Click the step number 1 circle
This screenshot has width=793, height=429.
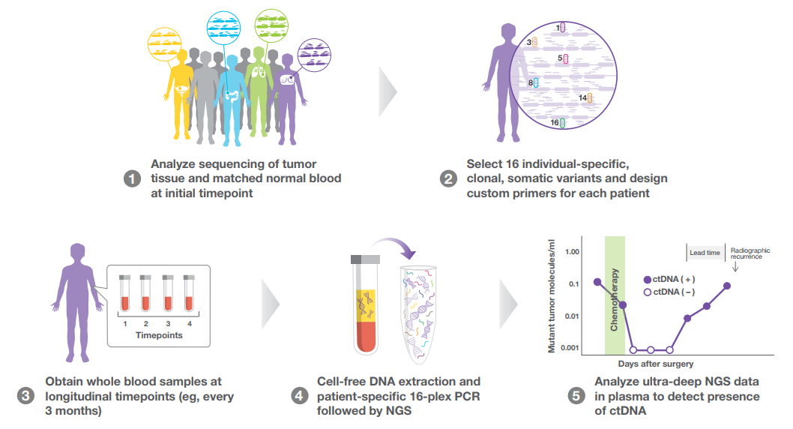(132, 179)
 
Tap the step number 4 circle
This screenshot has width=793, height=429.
(300, 397)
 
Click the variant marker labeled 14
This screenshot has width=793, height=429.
(590, 97)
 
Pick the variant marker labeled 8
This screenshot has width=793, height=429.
(535, 82)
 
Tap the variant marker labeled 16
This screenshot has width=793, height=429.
(562, 122)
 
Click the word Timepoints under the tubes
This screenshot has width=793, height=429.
(159, 335)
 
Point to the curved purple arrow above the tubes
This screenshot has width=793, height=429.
(397, 249)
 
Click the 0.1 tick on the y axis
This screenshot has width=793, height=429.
(576, 283)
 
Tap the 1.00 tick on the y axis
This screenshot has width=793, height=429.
(573, 251)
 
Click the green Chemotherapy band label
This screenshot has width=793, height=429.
(614, 299)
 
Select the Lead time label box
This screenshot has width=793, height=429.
(705, 253)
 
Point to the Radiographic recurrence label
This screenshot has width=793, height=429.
(750, 253)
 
